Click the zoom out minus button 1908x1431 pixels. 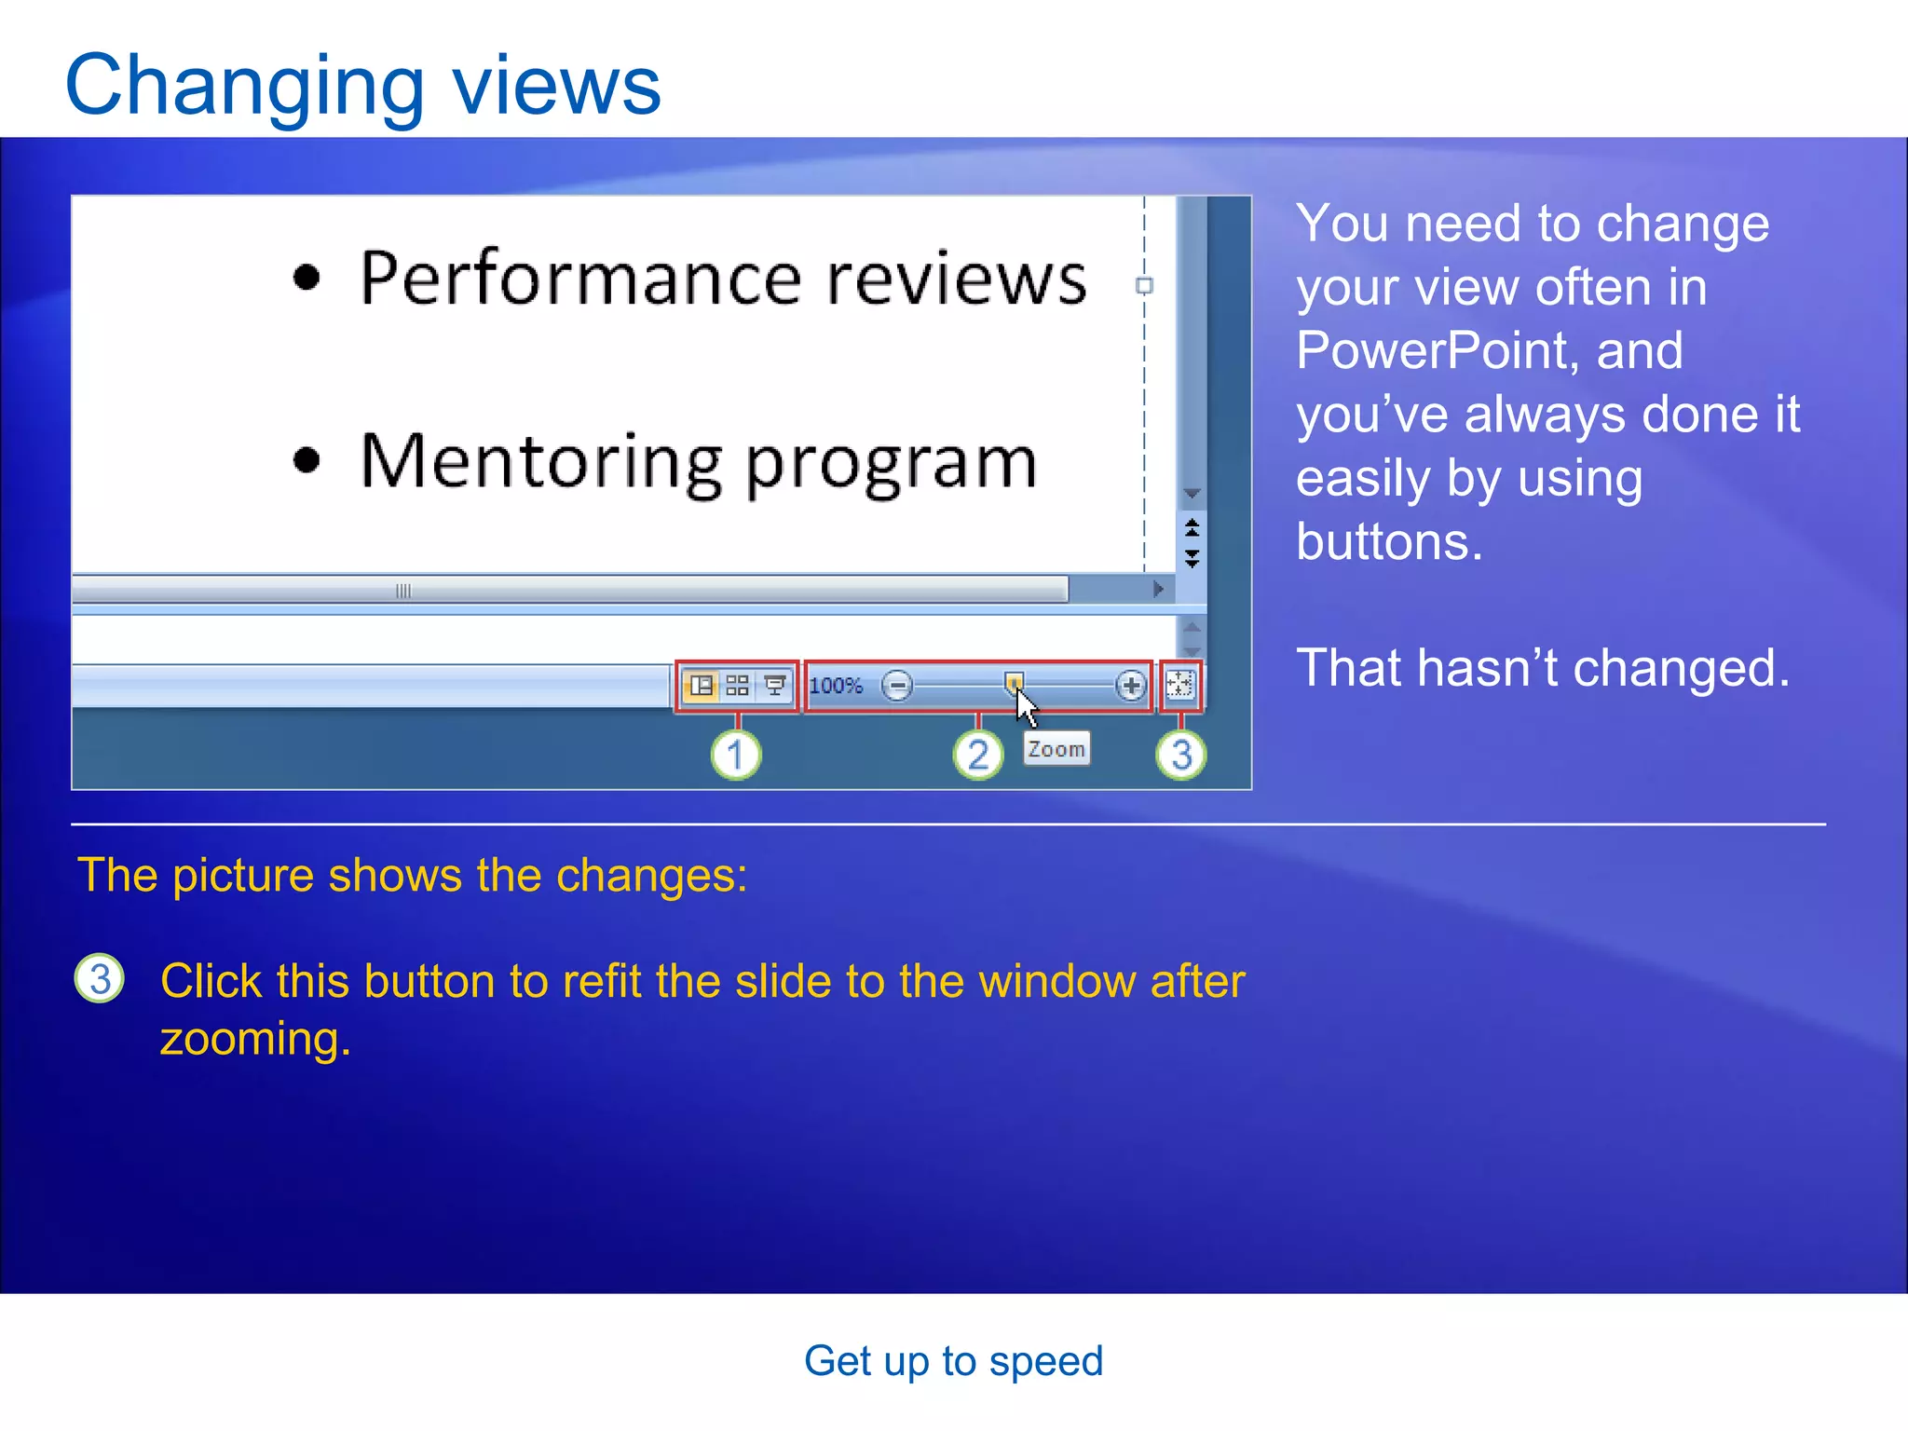click(897, 687)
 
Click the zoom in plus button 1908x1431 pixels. click(1130, 687)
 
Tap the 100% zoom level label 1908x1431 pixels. click(836, 687)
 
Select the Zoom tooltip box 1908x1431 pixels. click(1056, 749)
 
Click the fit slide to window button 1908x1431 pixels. click(1180, 686)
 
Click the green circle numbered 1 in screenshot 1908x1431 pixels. click(736, 755)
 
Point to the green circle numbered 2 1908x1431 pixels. click(978, 755)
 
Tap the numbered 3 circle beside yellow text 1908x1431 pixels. click(100, 979)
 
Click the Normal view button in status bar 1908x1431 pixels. click(702, 687)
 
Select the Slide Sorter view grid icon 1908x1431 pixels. click(737, 687)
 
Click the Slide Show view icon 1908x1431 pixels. click(774, 687)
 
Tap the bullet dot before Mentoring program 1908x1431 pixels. click(307, 460)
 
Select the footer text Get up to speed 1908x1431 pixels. click(953, 1361)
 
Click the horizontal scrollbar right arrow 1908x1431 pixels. click(1158, 589)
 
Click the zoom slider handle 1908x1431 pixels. click(1014, 683)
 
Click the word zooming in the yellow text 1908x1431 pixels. click(255, 1040)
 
